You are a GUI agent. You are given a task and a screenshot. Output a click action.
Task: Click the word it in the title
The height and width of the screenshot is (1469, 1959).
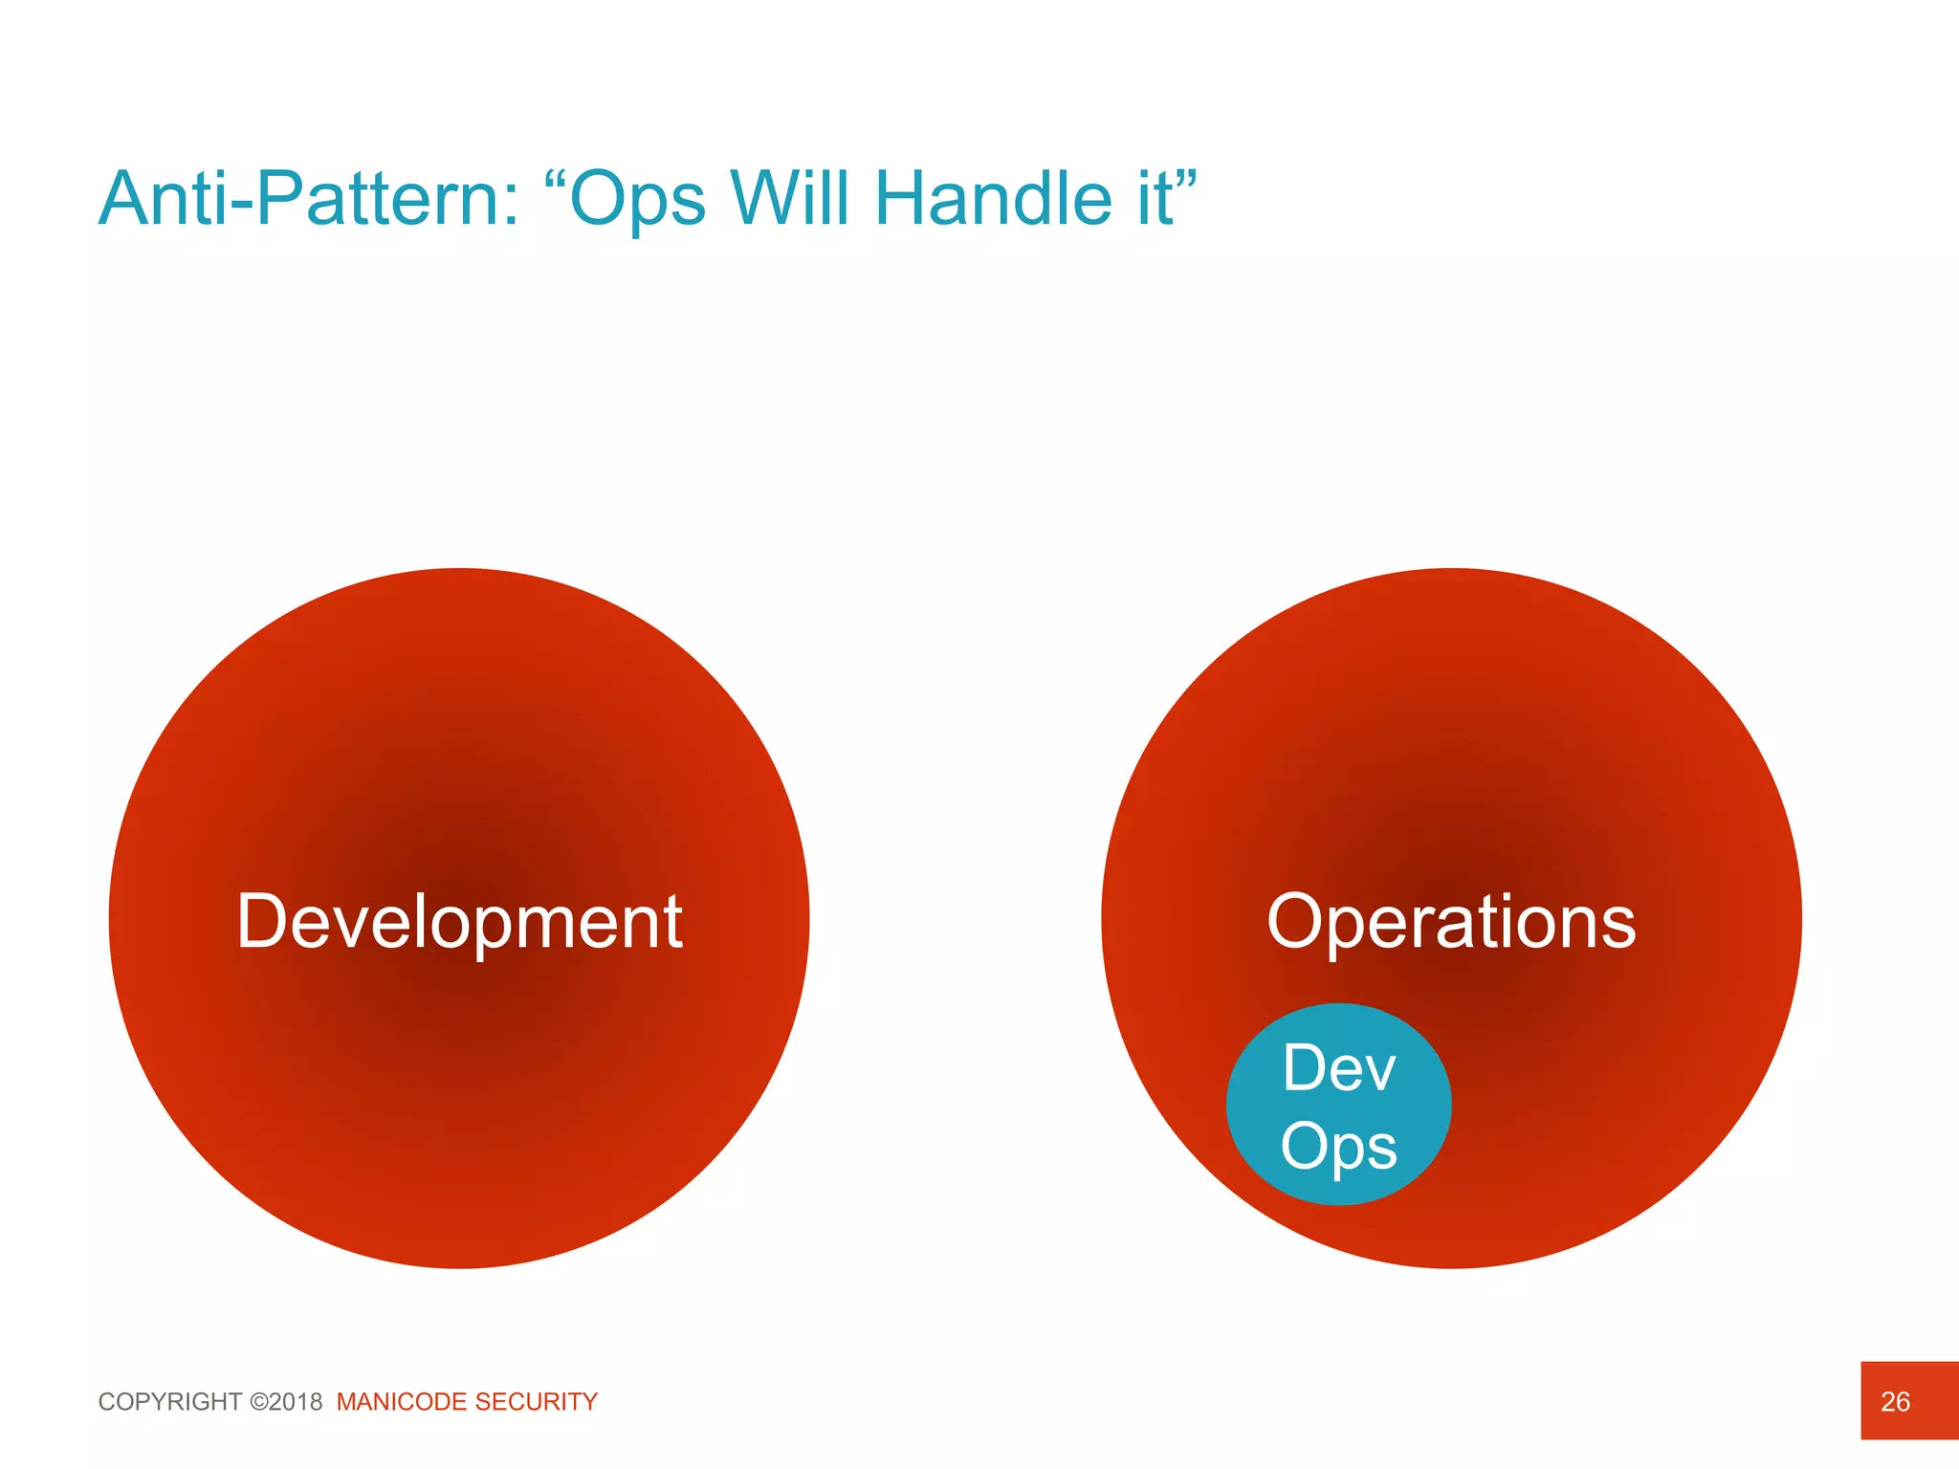click(x=1155, y=199)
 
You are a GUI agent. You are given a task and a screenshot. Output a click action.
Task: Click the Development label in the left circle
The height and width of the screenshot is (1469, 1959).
click(x=459, y=922)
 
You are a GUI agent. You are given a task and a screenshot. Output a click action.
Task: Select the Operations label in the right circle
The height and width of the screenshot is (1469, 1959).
click(x=1451, y=922)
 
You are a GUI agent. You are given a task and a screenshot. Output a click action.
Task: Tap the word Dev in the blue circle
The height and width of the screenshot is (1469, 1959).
click(x=1339, y=1068)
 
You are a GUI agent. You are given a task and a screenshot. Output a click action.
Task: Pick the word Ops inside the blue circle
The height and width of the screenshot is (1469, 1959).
click(x=1339, y=1147)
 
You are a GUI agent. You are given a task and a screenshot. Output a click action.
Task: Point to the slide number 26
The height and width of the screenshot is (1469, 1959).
click(x=1895, y=1402)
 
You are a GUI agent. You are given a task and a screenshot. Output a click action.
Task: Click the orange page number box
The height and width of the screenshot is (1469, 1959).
click(x=1923, y=1377)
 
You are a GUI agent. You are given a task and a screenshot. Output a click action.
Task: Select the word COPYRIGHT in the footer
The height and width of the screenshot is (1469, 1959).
click(x=170, y=1402)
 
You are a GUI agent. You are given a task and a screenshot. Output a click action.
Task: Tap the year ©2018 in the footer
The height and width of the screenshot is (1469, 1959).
click(x=286, y=1402)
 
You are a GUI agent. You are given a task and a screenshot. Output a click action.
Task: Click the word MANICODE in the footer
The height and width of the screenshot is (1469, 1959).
click(x=402, y=1402)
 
